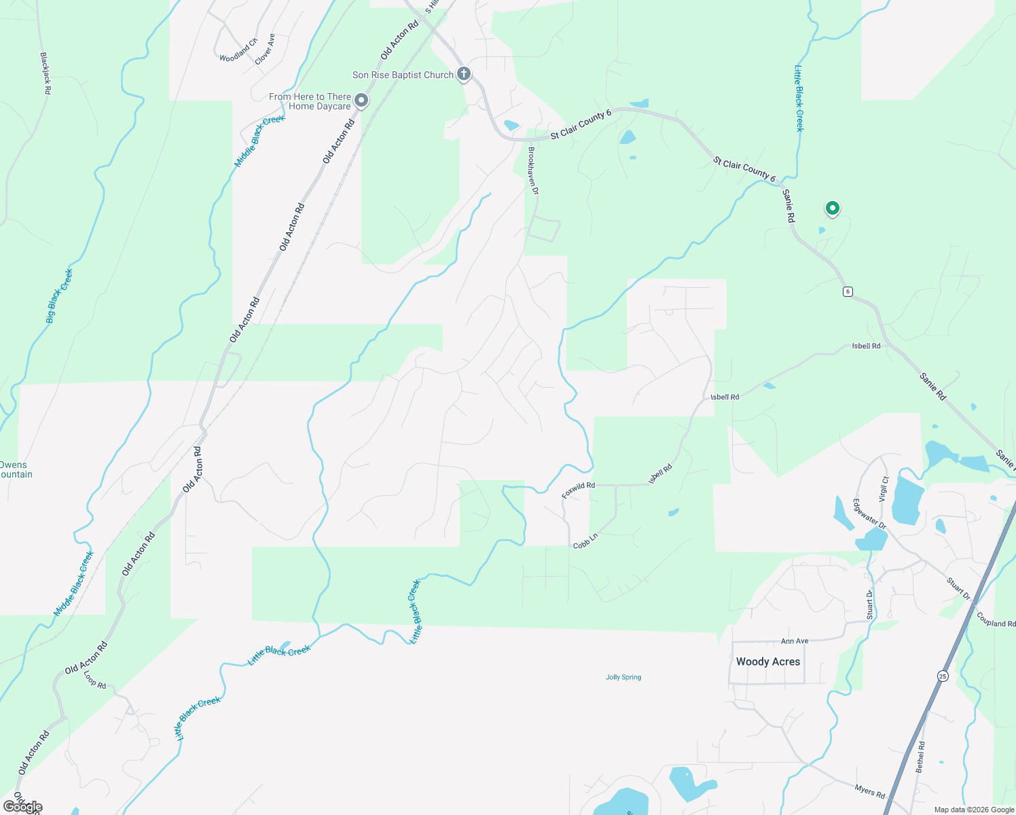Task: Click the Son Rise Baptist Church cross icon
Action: click(x=464, y=73)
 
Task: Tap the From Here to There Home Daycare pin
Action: click(x=362, y=101)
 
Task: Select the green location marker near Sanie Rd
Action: click(x=832, y=209)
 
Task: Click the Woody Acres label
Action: click(x=768, y=662)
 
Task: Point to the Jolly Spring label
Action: click(x=623, y=677)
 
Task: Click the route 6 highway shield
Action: click(x=848, y=291)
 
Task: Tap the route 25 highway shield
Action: click(x=943, y=676)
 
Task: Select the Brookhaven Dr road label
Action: click(x=533, y=171)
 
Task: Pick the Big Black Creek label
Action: click(x=59, y=296)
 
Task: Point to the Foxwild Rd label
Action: click(x=578, y=490)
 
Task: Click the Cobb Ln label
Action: click(x=585, y=541)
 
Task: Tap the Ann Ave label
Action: click(x=795, y=641)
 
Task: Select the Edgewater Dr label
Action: click(x=869, y=514)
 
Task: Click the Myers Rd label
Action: click(x=870, y=791)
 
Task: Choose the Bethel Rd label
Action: click(x=921, y=757)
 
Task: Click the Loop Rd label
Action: click(x=95, y=680)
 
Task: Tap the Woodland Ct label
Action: click(x=238, y=50)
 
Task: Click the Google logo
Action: click(x=23, y=807)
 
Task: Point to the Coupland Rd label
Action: click(x=996, y=619)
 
